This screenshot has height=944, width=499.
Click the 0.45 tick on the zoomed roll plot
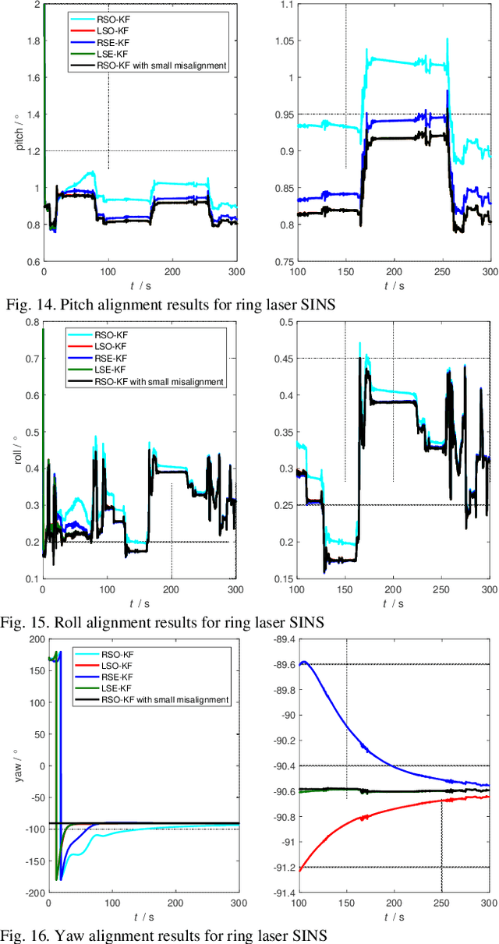click(280, 359)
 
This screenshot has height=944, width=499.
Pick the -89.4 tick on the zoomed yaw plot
click(277, 639)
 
